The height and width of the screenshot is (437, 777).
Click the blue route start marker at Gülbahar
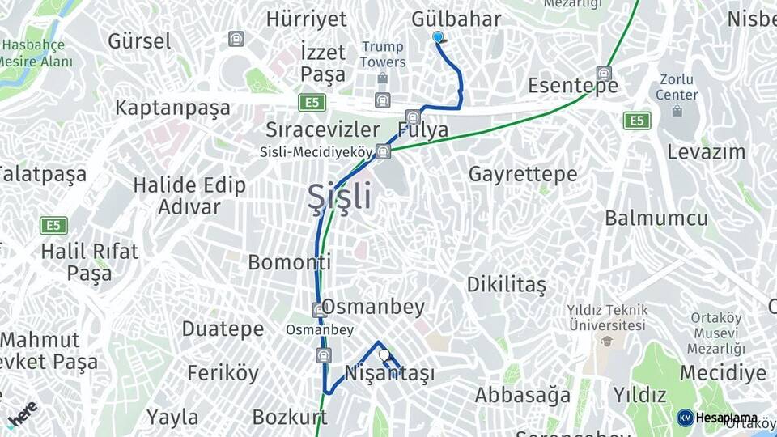tap(438, 37)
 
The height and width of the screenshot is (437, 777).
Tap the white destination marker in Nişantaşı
tap(384, 354)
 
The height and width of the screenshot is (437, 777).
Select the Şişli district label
tap(340, 197)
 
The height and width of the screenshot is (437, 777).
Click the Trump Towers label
tap(383, 54)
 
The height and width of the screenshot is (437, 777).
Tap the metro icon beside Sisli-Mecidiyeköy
tap(383, 151)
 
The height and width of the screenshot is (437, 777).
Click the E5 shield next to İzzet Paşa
tap(311, 102)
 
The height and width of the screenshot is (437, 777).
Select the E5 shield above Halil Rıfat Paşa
tap(53, 225)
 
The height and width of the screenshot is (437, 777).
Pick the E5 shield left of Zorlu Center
tap(637, 121)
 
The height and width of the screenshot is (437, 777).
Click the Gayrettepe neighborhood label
tap(523, 174)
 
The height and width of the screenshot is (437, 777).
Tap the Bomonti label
tap(289, 262)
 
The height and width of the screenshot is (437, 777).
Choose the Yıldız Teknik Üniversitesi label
tap(606, 316)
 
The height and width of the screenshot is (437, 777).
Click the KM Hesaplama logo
tap(717, 418)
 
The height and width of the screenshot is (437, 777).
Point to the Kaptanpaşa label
tap(172, 108)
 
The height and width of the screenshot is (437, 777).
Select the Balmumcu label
tap(656, 218)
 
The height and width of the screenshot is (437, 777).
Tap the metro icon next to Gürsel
tap(236, 38)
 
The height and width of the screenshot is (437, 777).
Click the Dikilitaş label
tap(506, 285)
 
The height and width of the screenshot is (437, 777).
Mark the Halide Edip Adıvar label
tap(189, 196)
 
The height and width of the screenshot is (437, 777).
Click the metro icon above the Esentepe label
tap(603, 72)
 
